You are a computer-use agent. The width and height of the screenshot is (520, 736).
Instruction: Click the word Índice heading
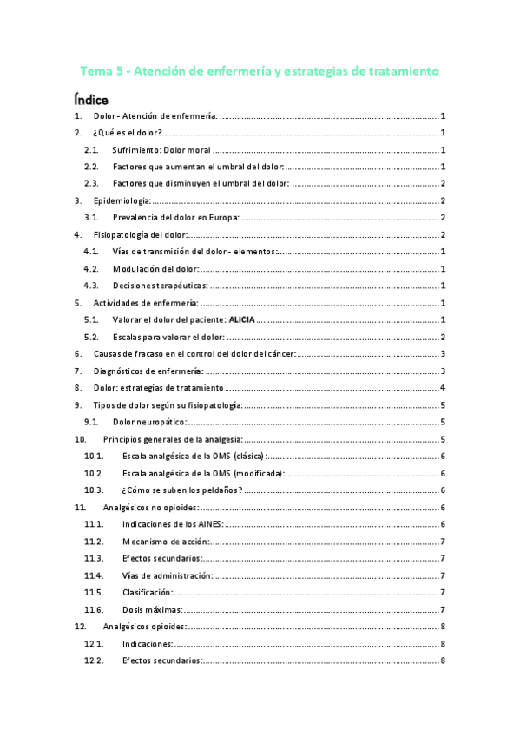[91, 100]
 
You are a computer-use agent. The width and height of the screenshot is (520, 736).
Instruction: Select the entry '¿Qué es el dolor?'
[128, 133]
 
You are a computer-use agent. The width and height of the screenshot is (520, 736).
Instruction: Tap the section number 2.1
[91, 150]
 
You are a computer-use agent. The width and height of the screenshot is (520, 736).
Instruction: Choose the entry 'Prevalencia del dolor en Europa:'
[176, 218]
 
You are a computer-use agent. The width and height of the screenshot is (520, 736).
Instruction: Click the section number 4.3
[91, 286]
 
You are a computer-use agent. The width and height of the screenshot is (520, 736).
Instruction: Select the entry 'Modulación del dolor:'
[156, 269]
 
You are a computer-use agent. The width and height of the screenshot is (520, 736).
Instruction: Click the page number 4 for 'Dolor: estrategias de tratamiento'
[443, 388]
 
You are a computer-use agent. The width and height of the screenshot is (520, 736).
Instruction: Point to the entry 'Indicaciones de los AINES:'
[173, 524]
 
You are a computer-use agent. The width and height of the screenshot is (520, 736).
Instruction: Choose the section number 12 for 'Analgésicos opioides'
[80, 627]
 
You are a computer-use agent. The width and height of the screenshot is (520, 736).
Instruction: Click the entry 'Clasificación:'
[148, 592]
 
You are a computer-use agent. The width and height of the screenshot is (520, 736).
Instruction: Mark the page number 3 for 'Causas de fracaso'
[443, 354]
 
